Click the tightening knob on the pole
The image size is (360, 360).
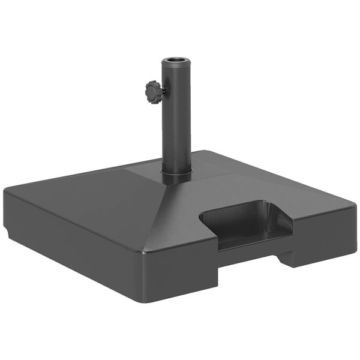coord(154,92)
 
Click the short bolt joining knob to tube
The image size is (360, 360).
coord(163,92)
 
